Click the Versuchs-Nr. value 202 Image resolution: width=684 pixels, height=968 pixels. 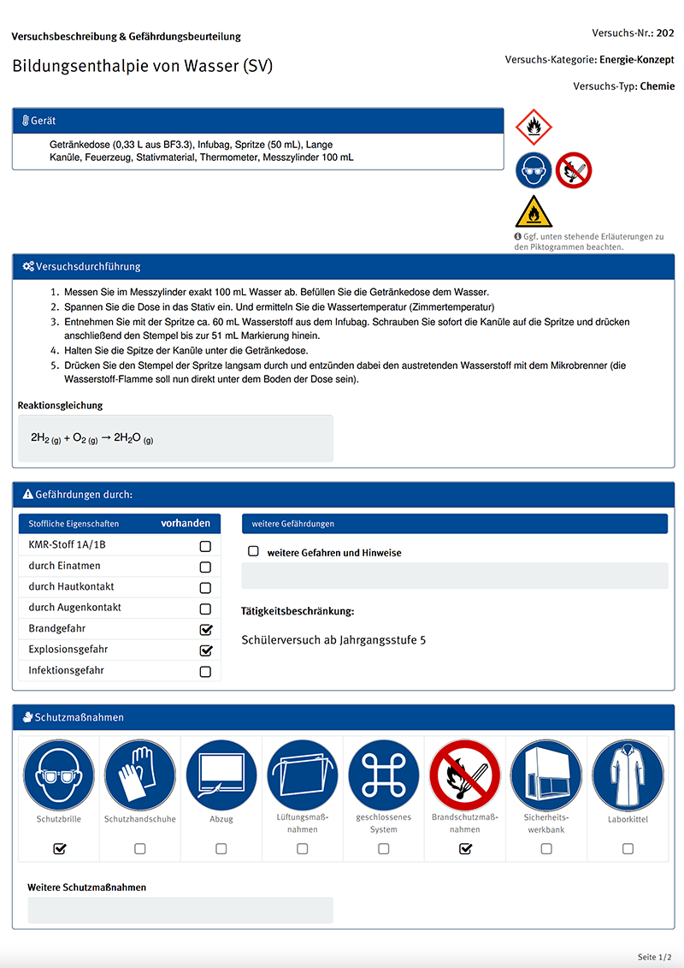(x=665, y=33)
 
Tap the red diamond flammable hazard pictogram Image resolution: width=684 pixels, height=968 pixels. (x=534, y=128)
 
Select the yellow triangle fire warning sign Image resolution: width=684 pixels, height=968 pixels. (x=534, y=212)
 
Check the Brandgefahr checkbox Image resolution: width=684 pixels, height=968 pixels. (x=205, y=629)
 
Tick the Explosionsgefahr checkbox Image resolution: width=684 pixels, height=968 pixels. (x=205, y=650)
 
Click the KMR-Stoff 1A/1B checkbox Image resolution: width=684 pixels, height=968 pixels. (x=205, y=546)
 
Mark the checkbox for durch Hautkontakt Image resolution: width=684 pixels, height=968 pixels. (x=205, y=588)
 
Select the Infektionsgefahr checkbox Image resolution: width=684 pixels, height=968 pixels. (x=205, y=672)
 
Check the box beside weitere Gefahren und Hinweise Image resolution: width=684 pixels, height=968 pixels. (x=253, y=552)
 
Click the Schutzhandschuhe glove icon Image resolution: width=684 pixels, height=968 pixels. (x=140, y=775)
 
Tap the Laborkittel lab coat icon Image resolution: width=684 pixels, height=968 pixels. (x=628, y=775)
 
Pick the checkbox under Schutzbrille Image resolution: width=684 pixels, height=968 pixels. (x=60, y=849)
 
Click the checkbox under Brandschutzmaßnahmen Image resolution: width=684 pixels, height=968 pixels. (x=465, y=849)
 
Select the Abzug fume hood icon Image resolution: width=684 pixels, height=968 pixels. (x=221, y=775)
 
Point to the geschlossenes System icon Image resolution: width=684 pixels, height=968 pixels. (x=384, y=775)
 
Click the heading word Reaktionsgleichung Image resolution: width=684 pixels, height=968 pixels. (x=60, y=405)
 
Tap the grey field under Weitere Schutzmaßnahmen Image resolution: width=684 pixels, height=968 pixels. (x=180, y=910)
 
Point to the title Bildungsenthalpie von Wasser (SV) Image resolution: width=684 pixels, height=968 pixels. (x=143, y=66)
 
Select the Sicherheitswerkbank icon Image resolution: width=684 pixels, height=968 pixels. (x=546, y=775)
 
